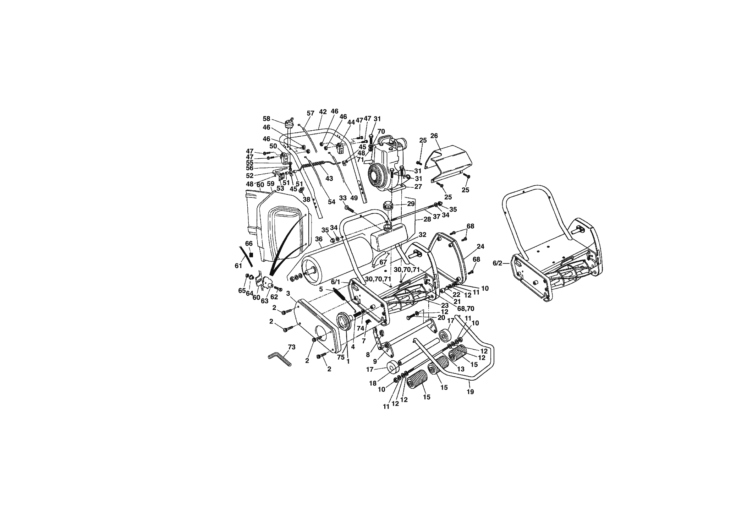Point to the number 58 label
[267, 119]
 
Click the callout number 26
[434, 136]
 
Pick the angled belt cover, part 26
[449, 166]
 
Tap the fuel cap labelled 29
[388, 206]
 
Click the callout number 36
[318, 239]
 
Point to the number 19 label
[471, 392]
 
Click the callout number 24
[480, 246]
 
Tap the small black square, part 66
[251, 255]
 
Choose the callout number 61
[238, 266]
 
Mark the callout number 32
[422, 235]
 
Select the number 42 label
[323, 111]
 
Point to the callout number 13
[461, 369]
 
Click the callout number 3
[288, 293]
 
